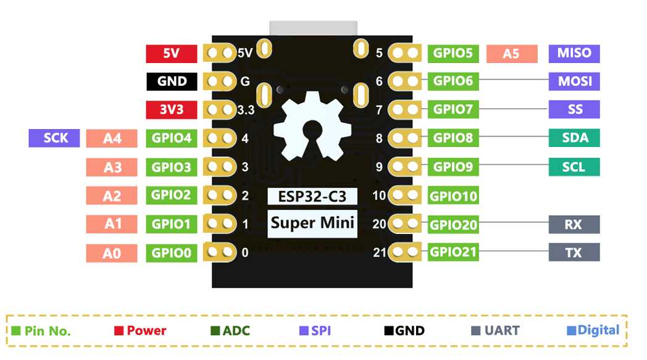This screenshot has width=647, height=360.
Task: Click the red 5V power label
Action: (171, 54)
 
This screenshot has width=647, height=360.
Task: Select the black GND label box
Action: (171, 82)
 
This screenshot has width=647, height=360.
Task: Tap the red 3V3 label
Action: (171, 110)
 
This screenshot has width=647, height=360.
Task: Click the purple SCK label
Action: (54, 138)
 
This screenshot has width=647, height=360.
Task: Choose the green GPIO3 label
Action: (171, 167)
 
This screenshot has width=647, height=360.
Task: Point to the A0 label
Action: (112, 253)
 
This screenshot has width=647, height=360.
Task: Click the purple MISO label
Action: (574, 53)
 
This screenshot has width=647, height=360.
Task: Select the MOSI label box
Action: (574, 81)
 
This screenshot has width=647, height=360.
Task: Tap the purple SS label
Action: (574, 109)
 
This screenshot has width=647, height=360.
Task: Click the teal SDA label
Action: (574, 138)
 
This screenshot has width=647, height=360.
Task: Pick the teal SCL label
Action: (574, 167)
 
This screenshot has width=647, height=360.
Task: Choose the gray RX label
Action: (574, 224)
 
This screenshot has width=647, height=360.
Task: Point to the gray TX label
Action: (574, 252)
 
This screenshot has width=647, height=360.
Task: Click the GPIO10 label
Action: (453, 196)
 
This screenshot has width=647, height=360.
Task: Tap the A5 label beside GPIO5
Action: (511, 54)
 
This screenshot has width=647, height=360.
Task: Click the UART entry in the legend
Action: (496, 331)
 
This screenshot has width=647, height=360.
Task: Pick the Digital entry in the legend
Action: (593, 330)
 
